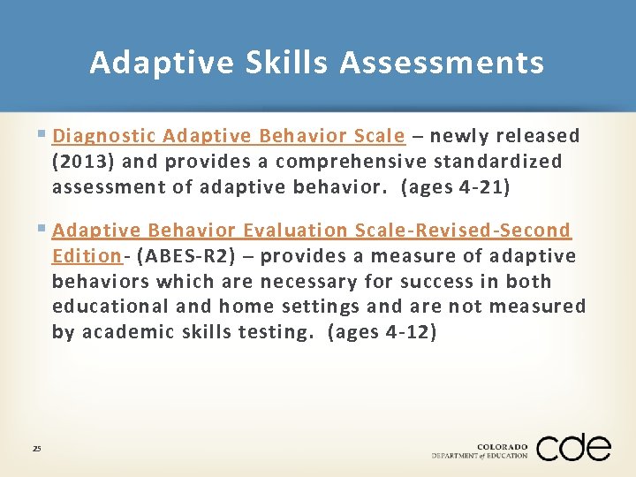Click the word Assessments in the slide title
[x=442, y=63]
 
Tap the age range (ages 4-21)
[x=456, y=187]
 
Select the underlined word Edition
[x=86, y=256]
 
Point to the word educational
[x=107, y=307]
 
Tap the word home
[x=246, y=307]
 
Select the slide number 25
[x=36, y=449]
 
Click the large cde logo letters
[x=572, y=447]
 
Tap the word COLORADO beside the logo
[x=502, y=446]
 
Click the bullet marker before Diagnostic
[x=44, y=135]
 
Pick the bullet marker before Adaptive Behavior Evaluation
[x=44, y=230]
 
